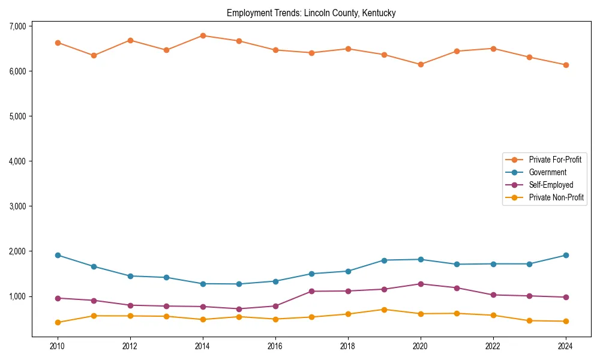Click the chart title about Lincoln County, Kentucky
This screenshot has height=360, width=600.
click(x=311, y=13)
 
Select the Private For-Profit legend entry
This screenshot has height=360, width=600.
click(x=555, y=160)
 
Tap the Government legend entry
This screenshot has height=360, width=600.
click(x=547, y=172)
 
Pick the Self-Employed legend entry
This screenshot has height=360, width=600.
click(x=551, y=185)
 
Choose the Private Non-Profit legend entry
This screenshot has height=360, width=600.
click(x=556, y=197)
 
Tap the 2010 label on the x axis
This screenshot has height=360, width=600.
click(x=58, y=346)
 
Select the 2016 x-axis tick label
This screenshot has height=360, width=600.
click(x=275, y=346)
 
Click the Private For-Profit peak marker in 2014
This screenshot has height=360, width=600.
click(x=203, y=35)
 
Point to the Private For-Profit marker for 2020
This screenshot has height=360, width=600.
click(x=421, y=64)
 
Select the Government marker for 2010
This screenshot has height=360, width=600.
click(x=58, y=255)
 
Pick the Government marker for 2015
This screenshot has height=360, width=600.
click(x=239, y=284)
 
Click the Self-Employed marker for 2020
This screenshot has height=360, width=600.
click(x=421, y=284)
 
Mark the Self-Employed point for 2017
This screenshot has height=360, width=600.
click(x=311, y=291)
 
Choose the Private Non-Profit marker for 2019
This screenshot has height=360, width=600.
click(x=384, y=310)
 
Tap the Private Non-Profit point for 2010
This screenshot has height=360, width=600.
click(x=58, y=322)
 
